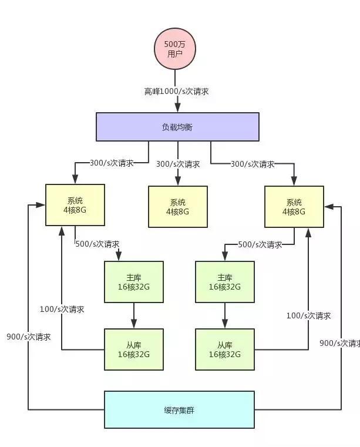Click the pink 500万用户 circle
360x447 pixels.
(175, 49)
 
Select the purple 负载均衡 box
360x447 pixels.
(177, 127)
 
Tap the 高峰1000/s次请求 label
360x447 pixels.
(176, 92)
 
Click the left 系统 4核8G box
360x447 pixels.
(75, 205)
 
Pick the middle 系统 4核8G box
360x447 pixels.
(178, 207)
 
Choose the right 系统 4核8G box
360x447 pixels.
(294, 207)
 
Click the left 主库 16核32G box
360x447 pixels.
(134, 282)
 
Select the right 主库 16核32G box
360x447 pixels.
(225, 282)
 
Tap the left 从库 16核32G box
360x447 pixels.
(134, 349)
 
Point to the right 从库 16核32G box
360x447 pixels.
(225, 349)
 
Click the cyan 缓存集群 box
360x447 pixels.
(179, 409)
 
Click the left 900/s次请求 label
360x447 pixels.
(29, 337)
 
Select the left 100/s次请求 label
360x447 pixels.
(62, 310)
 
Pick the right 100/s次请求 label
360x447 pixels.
(309, 315)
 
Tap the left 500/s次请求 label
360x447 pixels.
(97, 244)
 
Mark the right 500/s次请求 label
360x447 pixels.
(260, 244)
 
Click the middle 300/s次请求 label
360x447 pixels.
(178, 164)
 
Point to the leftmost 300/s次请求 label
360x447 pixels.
(112, 163)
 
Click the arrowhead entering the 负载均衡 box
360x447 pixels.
(177, 107)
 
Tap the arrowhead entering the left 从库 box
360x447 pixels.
(134, 324)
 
